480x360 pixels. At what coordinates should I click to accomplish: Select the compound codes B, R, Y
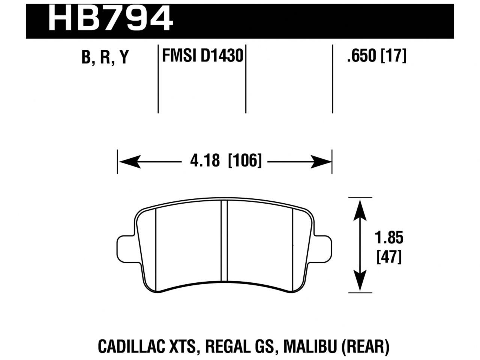pos(105,58)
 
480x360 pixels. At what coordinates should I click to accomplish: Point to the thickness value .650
pos(362,57)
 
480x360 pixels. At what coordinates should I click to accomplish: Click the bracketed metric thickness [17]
pos(394,57)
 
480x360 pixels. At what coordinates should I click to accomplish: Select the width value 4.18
pos(204,162)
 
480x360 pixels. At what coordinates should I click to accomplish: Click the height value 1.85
pos(388,238)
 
